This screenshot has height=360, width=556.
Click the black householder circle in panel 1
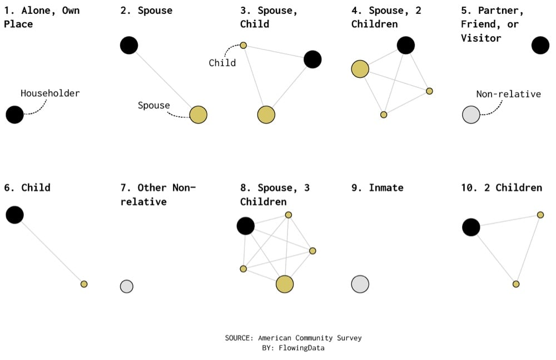15,115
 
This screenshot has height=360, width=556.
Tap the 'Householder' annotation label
50,93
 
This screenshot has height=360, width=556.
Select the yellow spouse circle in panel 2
198,115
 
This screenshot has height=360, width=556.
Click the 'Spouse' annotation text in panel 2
154,105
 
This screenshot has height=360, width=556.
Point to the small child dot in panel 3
243,45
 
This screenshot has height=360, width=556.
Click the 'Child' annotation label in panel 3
222,63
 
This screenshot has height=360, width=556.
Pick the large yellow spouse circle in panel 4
360,69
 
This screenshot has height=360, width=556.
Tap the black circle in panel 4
406,46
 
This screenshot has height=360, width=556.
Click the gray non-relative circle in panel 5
471,115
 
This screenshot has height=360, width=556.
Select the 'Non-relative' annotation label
508,94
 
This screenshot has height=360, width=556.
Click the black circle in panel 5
540,46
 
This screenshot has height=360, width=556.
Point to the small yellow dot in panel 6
84,284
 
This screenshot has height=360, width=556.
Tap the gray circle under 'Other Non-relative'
127,287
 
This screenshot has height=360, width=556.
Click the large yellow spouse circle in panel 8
285,284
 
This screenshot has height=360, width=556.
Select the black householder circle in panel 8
246,226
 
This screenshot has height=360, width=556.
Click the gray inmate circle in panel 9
360,284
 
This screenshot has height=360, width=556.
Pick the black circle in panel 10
471,227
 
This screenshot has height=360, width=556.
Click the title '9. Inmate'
378,188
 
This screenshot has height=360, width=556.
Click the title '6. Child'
27,188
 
